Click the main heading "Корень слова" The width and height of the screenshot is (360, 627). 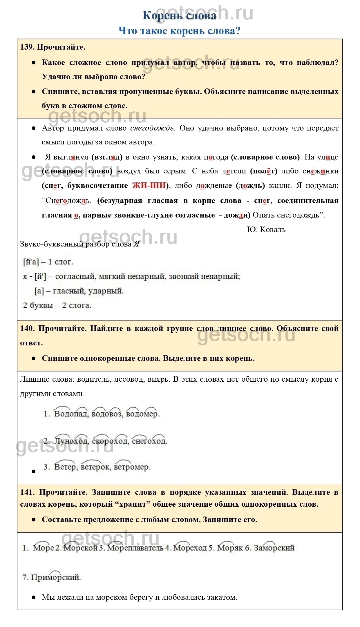[x=180, y=16]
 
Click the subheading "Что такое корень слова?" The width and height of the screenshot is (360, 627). [x=180, y=31]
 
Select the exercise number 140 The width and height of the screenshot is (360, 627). [x=27, y=328]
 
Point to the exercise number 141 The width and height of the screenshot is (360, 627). [x=27, y=492]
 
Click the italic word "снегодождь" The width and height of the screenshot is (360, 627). [x=152, y=128]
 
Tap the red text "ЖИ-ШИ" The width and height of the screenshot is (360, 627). [x=149, y=186]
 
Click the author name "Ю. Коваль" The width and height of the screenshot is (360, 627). [x=266, y=229]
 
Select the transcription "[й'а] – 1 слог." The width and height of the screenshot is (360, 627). [x=48, y=262]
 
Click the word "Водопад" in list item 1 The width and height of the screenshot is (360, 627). [x=71, y=414]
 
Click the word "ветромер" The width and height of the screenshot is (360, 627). [x=132, y=467]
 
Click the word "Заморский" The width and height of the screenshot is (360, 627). [x=274, y=548]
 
